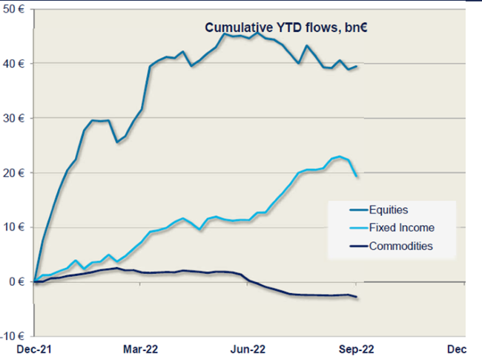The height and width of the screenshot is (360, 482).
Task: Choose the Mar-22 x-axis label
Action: coord(140,349)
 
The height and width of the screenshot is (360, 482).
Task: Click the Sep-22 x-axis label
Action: coord(357,349)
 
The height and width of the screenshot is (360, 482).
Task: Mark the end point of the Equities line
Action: coord(357,67)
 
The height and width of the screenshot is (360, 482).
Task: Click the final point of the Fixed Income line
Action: coord(357,176)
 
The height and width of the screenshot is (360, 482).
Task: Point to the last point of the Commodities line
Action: coord(357,298)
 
